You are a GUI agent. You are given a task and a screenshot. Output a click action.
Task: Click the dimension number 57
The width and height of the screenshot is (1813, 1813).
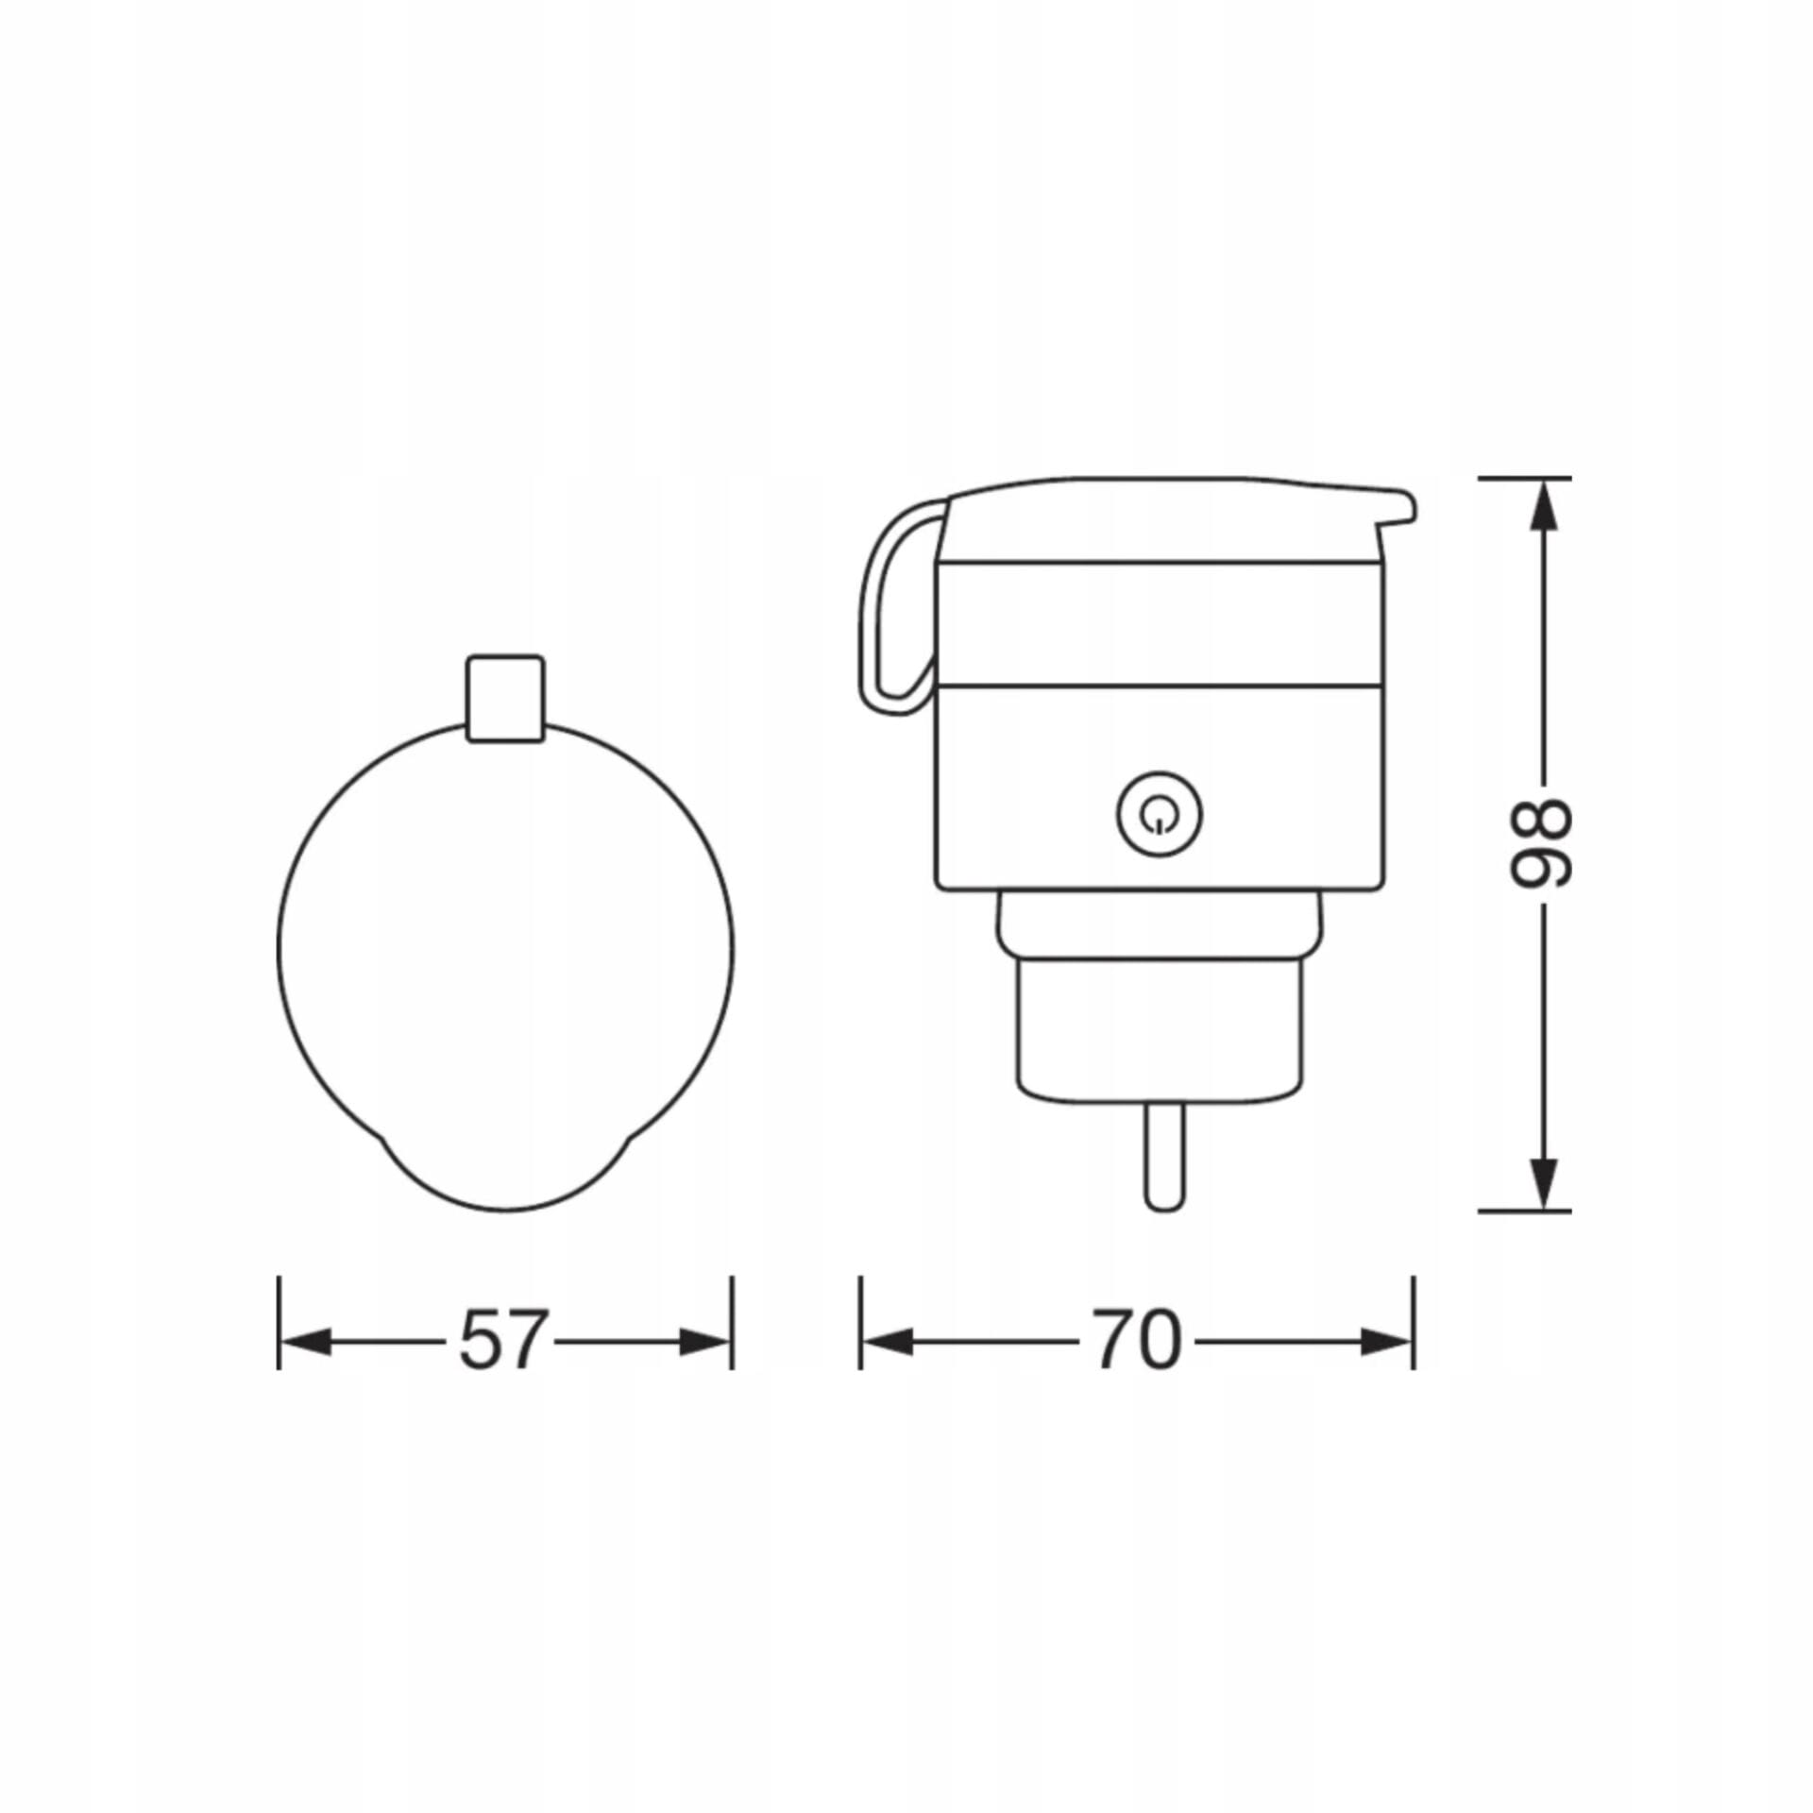(503, 1340)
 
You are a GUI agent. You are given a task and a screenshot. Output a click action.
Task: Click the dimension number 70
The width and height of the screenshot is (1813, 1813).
(1138, 1340)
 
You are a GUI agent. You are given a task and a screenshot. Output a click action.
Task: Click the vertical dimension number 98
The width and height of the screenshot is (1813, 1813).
(1540, 843)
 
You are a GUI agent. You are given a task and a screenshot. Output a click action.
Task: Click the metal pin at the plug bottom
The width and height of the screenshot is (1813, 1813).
(1163, 1158)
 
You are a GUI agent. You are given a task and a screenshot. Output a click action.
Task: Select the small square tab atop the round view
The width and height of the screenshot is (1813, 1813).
(505, 699)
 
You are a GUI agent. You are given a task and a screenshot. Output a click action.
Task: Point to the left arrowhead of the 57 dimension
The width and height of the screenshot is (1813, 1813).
(305, 1342)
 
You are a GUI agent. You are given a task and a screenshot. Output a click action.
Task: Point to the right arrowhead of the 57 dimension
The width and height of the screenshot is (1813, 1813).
(705, 1342)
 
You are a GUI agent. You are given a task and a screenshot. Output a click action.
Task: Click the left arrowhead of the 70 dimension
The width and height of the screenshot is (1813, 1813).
(887, 1342)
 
